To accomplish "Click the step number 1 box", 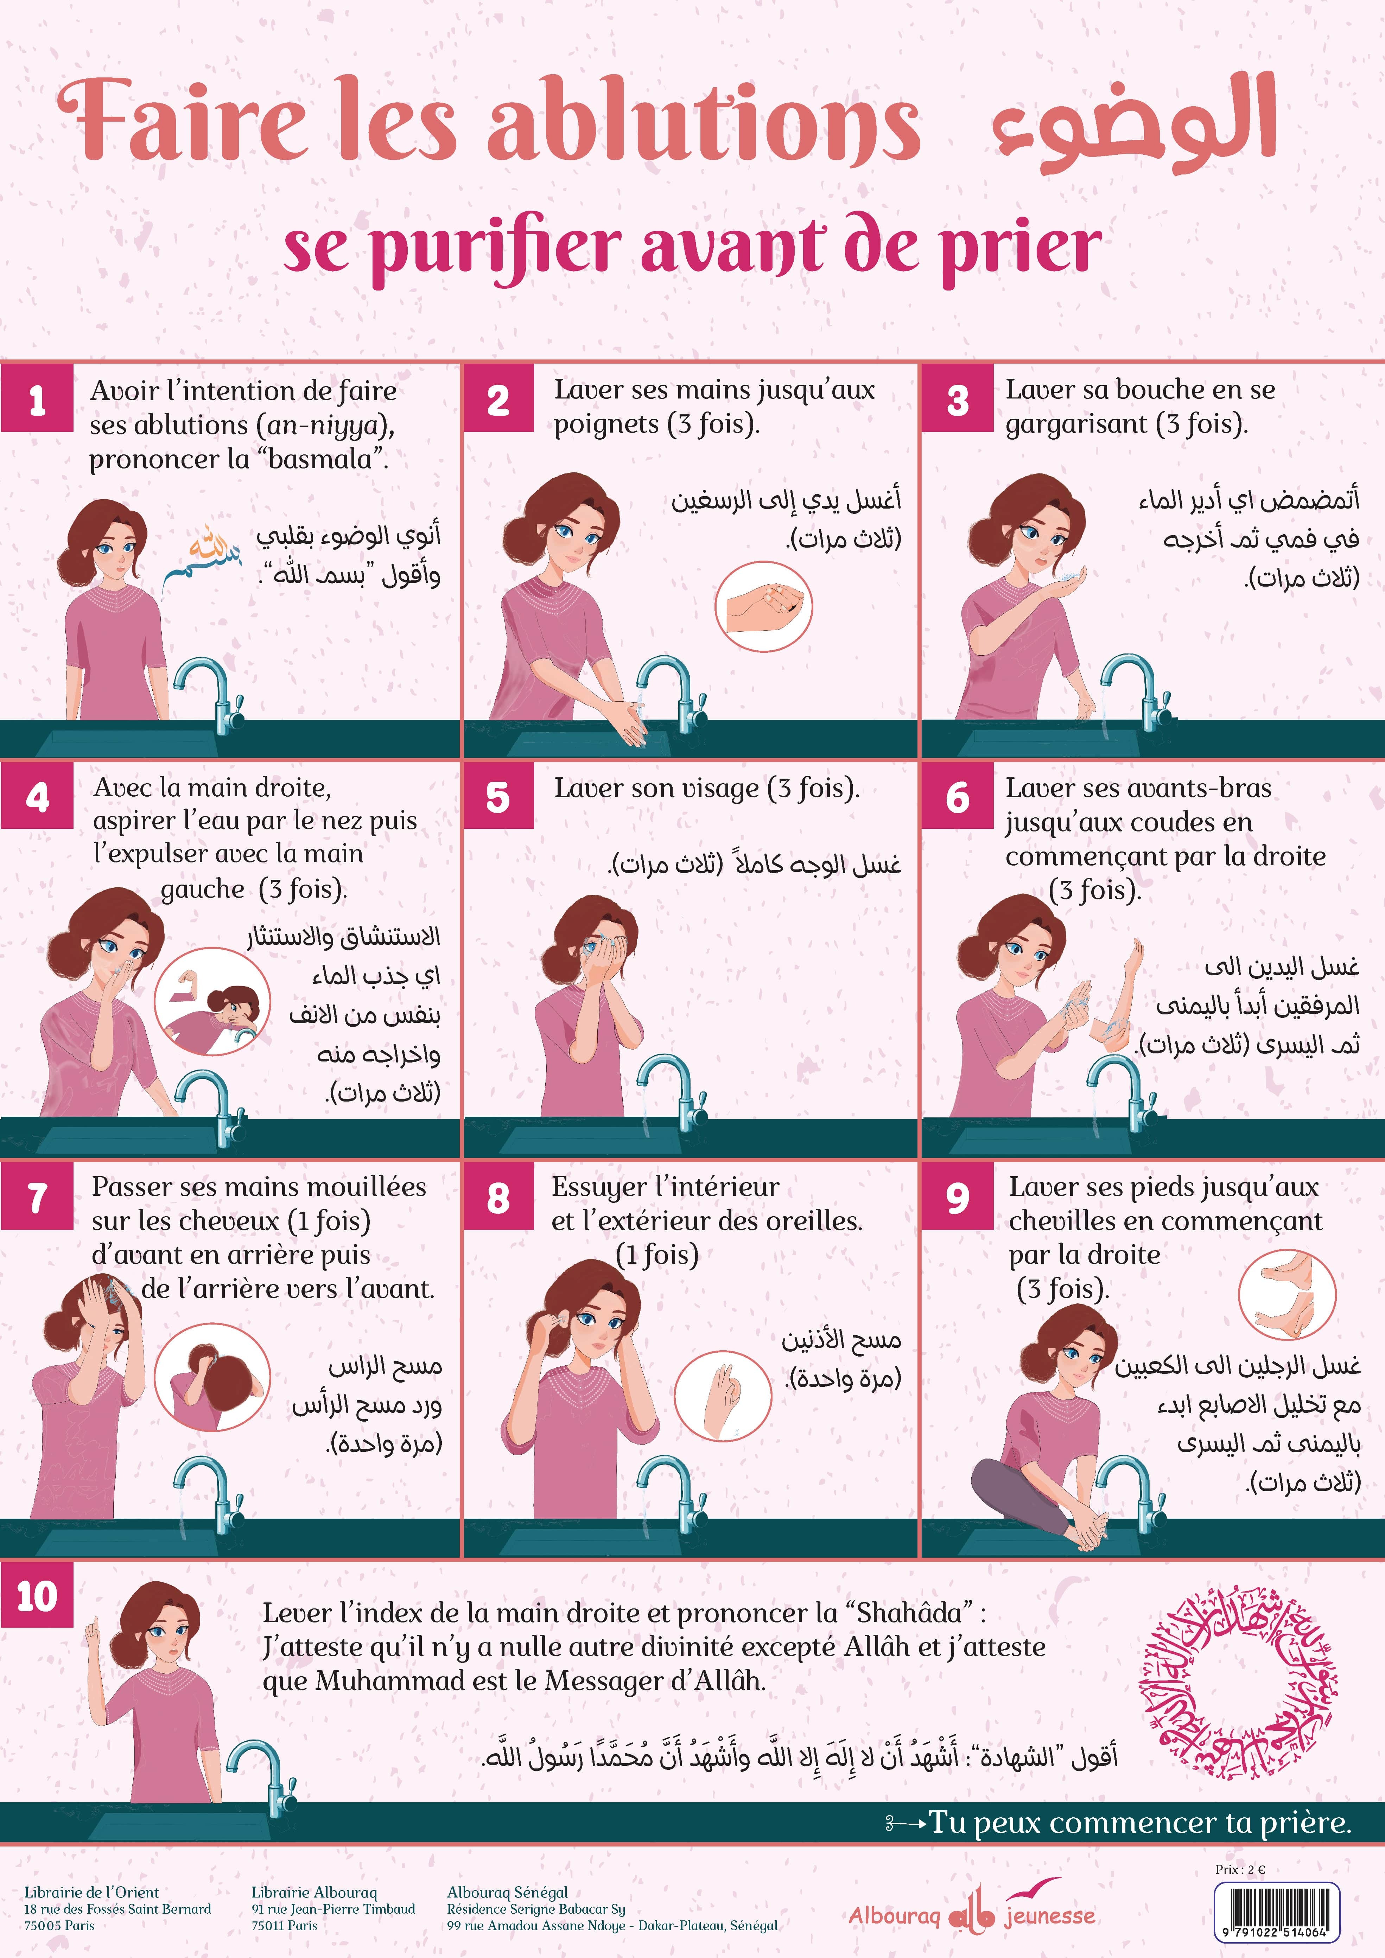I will (x=37, y=400).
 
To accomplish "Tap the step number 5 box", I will (x=498, y=797).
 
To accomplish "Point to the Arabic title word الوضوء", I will (x=1134, y=124).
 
